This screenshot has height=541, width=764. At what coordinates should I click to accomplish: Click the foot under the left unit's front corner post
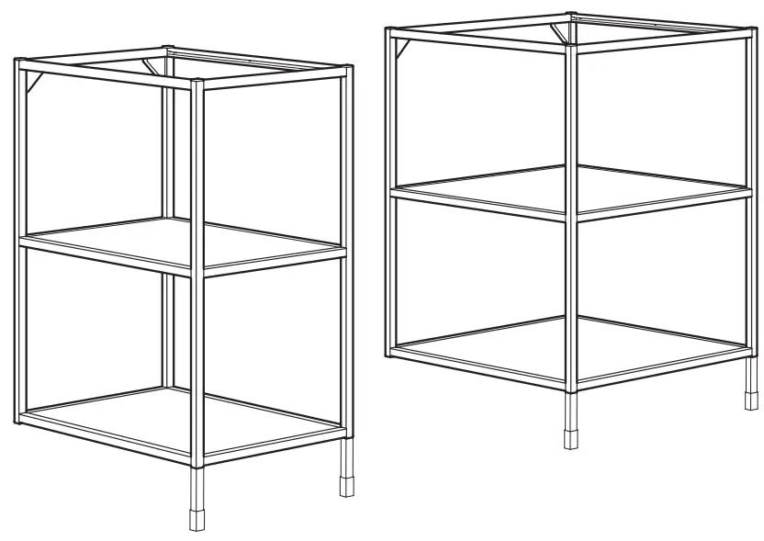[x=197, y=515]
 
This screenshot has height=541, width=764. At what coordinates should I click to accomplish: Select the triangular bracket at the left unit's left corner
[x=33, y=82]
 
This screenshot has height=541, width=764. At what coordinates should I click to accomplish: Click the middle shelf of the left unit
[x=184, y=243]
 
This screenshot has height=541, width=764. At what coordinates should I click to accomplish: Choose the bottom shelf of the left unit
[x=184, y=418]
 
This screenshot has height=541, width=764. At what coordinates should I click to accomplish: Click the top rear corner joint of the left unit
[x=166, y=48]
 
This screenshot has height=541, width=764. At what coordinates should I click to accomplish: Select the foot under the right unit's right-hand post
[x=748, y=401]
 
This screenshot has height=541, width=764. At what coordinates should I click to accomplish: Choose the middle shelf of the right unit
[x=569, y=192]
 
